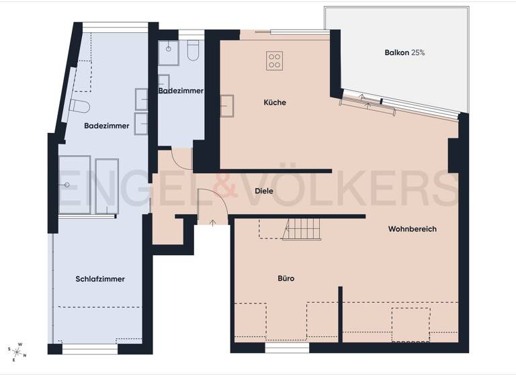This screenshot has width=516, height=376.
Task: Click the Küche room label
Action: pos(275,103)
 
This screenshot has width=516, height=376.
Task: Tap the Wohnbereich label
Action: pos(412,229)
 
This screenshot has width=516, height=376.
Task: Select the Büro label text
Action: pos(286,278)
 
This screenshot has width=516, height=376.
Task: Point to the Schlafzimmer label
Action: pos(100,279)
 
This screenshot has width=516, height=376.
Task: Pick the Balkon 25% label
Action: pos(404,52)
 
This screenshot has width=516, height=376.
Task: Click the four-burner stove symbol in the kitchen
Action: pos(274,60)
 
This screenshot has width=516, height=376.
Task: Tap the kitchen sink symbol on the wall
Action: pos(226,106)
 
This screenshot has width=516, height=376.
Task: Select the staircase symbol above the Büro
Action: pos(302,229)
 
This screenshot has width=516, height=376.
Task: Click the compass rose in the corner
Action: pos(18,350)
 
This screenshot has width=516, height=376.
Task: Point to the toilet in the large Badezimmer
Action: pos(79,106)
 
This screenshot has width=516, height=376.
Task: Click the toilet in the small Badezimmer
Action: pos(193,51)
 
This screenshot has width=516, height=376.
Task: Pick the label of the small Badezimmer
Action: pos(181,90)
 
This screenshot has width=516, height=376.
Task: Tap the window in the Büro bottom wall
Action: pos(287,348)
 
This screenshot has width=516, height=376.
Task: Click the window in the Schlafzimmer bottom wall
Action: pos(89,348)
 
